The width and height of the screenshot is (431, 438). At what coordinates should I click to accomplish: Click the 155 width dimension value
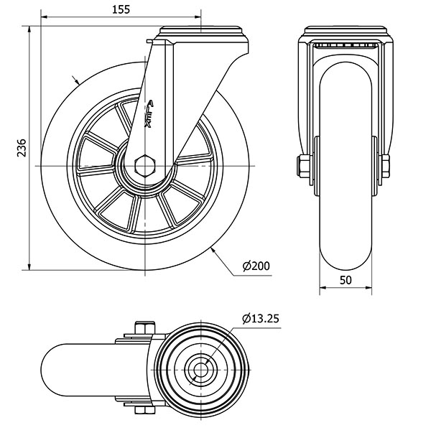coord(121,9)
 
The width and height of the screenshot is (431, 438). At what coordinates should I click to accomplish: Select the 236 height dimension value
coord(22,149)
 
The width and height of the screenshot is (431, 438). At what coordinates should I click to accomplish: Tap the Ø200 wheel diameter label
coord(255,266)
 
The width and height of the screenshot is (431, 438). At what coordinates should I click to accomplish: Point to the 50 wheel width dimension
coord(345,280)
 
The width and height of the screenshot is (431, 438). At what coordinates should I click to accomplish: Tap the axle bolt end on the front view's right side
coord(386,166)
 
